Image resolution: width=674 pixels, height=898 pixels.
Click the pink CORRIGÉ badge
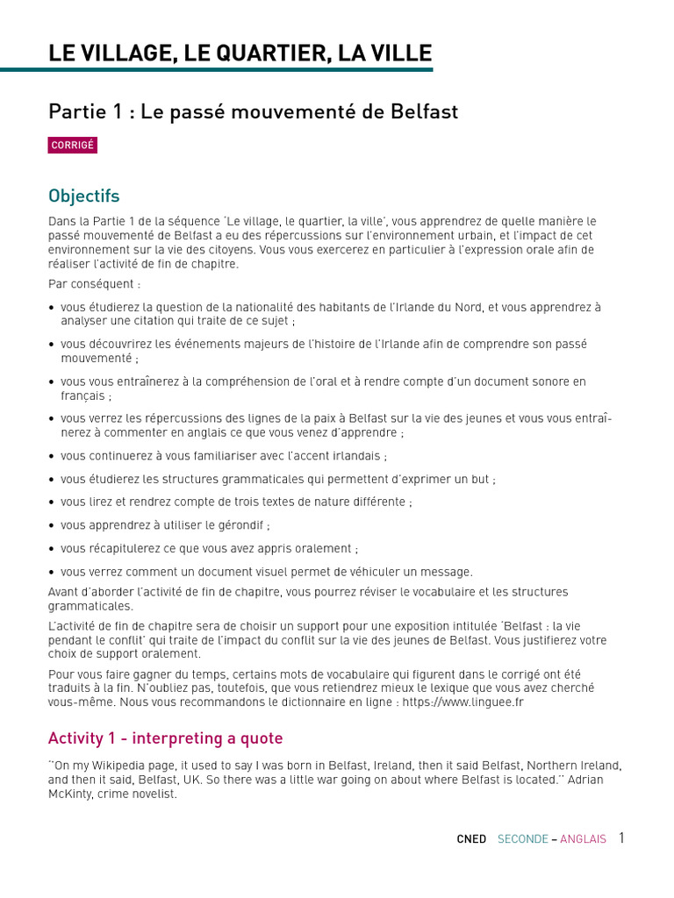point(72,146)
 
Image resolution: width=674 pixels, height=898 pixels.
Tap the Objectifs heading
point(84,196)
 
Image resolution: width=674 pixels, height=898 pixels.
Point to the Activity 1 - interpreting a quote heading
point(166,738)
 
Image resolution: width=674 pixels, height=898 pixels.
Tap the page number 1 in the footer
point(621,838)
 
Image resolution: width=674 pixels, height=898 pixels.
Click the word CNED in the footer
point(471,839)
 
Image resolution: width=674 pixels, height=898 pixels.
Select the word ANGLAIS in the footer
point(583,839)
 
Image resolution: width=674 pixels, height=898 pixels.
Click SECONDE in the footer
point(523,839)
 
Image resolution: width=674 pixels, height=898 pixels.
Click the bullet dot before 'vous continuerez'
point(53,457)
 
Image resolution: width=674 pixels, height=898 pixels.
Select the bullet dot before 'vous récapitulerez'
point(53,549)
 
